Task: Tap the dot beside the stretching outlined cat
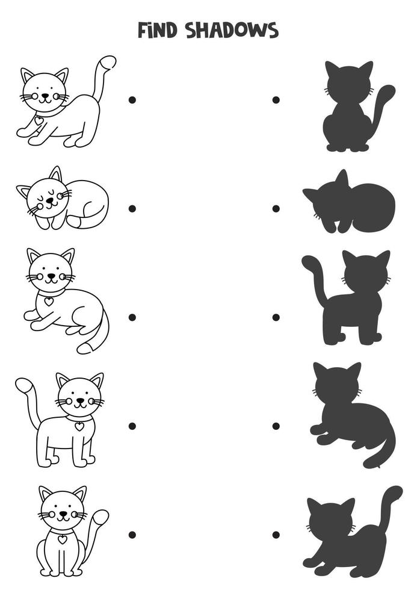[x=132, y=99]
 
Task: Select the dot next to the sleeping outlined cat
[x=132, y=208]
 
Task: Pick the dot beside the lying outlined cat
[x=132, y=317]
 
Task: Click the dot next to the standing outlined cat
[x=132, y=426]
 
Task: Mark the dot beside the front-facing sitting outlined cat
[x=132, y=535]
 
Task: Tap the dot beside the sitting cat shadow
[x=276, y=99]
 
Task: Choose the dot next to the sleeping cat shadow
[x=276, y=208]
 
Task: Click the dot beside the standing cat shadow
[x=276, y=317]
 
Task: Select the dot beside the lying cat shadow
[x=276, y=426]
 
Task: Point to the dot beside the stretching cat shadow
[x=276, y=535]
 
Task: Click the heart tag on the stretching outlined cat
[x=39, y=120]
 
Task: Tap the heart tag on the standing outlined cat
[x=79, y=426]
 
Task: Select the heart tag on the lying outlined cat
[x=49, y=300]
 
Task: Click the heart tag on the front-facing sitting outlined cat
[x=62, y=539]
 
